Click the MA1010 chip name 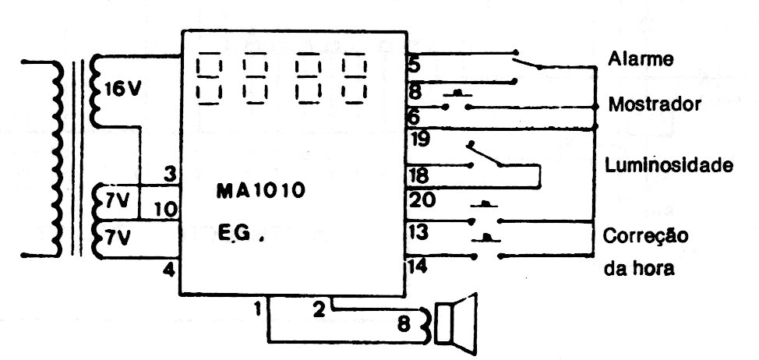click(x=260, y=191)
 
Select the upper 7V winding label click(x=117, y=199)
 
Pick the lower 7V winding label click(x=117, y=238)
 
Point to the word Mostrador click(x=655, y=104)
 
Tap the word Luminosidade click(x=669, y=165)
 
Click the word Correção click(x=646, y=237)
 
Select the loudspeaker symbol click(x=456, y=323)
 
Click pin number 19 click(x=420, y=139)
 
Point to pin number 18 click(x=419, y=175)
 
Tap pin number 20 click(x=422, y=199)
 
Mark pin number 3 click(x=169, y=175)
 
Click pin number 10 click(x=166, y=210)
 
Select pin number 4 click(x=168, y=270)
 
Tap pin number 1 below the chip click(x=257, y=309)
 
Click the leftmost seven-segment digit click(x=209, y=79)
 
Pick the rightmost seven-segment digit click(x=354, y=79)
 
